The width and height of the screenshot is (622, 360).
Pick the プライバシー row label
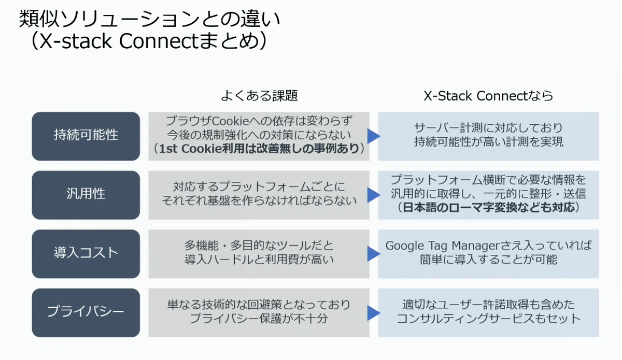tap(86, 312)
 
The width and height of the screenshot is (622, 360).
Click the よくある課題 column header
tap(259, 96)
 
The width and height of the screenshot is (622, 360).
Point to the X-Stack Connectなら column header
tap(488, 96)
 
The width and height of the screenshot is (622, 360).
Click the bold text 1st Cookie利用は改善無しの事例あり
tap(259, 149)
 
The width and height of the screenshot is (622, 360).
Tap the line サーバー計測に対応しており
tap(488, 128)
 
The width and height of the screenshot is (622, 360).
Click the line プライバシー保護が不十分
tap(259, 319)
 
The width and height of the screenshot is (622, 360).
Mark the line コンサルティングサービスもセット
tap(488, 319)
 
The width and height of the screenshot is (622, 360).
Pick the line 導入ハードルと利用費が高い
tap(259, 260)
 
